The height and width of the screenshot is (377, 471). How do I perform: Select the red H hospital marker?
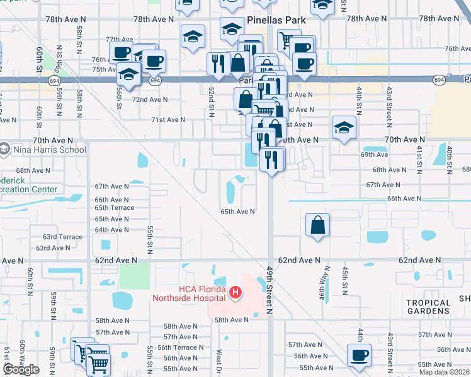[x=235, y=292]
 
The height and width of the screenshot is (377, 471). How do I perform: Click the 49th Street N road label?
[x=269, y=289]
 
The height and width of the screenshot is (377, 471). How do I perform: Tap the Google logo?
[x=21, y=369]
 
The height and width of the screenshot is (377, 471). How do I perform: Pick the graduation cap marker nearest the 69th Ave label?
[x=343, y=128]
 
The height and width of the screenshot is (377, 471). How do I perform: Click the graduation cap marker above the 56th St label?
[x=128, y=73]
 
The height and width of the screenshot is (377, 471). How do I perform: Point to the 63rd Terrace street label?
[x=62, y=237]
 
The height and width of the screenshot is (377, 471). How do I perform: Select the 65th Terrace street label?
[x=114, y=207]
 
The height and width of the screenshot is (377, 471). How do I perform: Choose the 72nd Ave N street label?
[x=150, y=99]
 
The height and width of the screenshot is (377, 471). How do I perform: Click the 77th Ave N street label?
[x=120, y=39]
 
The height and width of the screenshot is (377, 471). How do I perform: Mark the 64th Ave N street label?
[x=112, y=230]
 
